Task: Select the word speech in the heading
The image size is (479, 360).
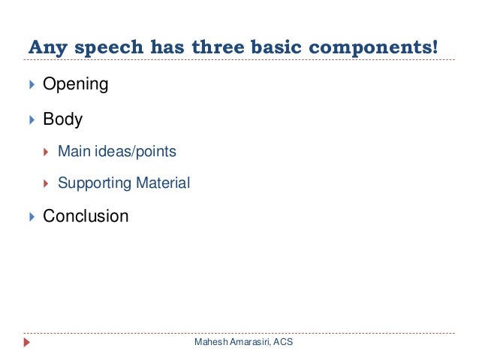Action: (98, 47)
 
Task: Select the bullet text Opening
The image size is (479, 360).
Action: (75, 84)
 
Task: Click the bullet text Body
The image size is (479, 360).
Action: (62, 119)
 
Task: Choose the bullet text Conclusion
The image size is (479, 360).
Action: (86, 216)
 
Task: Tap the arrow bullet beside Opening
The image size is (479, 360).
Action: (31, 84)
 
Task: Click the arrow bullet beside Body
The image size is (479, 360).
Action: (31, 119)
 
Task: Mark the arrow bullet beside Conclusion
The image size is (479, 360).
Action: (31, 216)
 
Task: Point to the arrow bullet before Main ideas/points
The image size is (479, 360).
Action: (47, 152)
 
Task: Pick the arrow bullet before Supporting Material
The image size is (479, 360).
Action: (47, 183)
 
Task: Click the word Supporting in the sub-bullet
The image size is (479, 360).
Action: (95, 183)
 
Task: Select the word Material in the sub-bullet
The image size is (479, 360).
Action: (163, 183)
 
